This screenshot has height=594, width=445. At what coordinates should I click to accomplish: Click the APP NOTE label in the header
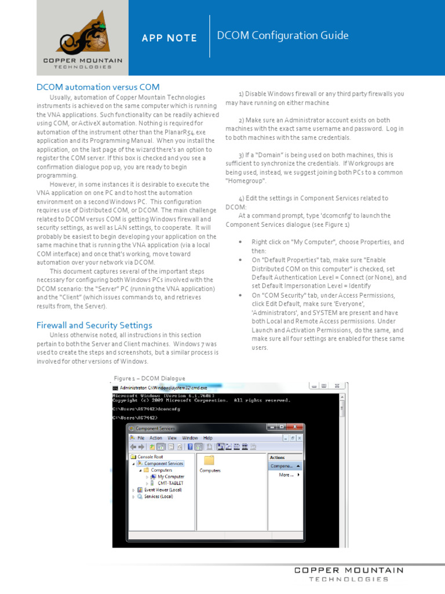169,38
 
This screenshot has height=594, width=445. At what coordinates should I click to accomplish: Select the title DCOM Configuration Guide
282,36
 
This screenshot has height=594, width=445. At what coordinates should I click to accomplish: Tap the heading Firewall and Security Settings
94,325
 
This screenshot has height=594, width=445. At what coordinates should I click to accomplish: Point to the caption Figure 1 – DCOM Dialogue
149,378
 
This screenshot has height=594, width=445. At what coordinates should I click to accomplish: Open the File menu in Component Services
141,438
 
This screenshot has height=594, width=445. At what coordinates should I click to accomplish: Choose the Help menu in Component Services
207,438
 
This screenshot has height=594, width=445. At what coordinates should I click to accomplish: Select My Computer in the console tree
171,476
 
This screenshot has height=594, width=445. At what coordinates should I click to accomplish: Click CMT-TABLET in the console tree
170,483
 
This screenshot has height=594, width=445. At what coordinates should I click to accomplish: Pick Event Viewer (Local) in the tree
162,490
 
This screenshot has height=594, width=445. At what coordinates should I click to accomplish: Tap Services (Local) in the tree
158,497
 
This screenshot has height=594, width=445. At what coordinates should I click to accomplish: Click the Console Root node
149,457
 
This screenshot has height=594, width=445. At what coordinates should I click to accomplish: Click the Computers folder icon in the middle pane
209,460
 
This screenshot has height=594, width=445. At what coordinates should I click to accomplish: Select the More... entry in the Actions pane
286,475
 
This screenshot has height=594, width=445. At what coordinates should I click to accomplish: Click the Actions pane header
278,457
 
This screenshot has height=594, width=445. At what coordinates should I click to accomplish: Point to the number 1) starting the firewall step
241,93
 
